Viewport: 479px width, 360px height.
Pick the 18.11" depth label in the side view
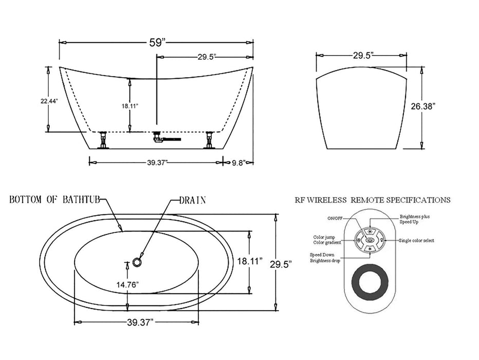130,106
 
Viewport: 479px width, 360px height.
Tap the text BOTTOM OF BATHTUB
54,200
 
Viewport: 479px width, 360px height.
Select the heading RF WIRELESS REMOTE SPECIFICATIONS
373,200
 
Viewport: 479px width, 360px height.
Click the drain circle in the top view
137,262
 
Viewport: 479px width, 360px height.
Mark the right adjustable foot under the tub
209,139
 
